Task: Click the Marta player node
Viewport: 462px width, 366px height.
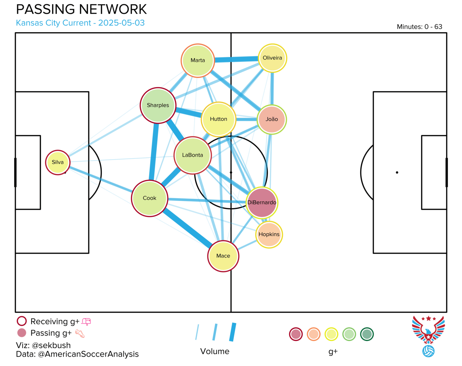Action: click(197, 60)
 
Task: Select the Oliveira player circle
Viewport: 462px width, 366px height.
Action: click(272, 58)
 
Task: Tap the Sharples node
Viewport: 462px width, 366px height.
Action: click(158, 105)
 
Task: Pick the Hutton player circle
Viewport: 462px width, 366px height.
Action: click(218, 119)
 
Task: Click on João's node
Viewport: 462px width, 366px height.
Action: click(271, 119)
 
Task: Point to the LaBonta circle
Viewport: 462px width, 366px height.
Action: click(192, 155)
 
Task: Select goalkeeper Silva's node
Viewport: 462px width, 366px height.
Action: click(58, 162)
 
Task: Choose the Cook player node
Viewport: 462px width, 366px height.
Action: click(149, 198)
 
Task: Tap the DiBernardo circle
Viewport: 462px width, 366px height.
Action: click(262, 202)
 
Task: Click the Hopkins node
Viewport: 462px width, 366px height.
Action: click(269, 234)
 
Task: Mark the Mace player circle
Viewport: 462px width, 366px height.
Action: click(223, 256)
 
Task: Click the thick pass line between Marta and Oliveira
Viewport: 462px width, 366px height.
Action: click(236, 59)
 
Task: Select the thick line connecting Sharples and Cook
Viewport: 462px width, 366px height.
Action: click(154, 152)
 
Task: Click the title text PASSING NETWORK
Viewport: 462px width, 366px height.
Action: click(82, 9)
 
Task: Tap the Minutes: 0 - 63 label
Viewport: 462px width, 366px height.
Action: click(419, 26)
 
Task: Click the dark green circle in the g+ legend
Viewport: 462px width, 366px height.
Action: click(367, 334)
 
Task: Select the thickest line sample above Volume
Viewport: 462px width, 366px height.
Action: click(233, 332)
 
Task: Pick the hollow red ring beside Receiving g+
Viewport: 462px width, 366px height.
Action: click(22, 321)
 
